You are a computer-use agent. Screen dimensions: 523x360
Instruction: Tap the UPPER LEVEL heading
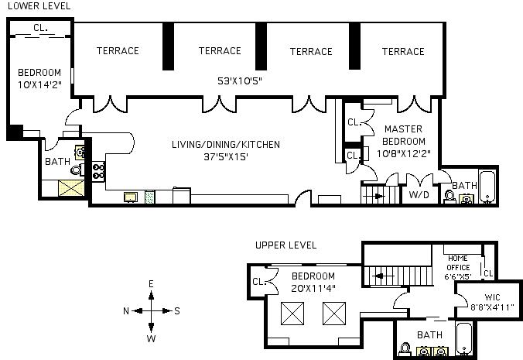coord(285,245)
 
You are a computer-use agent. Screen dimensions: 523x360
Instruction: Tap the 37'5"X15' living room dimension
coord(226,156)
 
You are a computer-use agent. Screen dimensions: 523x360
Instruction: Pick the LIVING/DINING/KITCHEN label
coord(226,144)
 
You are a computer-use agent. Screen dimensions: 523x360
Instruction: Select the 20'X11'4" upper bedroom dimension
coord(313,288)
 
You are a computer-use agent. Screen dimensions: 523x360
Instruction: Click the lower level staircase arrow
coord(377,197)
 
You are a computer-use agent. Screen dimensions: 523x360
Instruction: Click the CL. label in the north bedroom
coord(40,29)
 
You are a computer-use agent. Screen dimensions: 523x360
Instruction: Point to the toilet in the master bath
coord(449,197)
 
